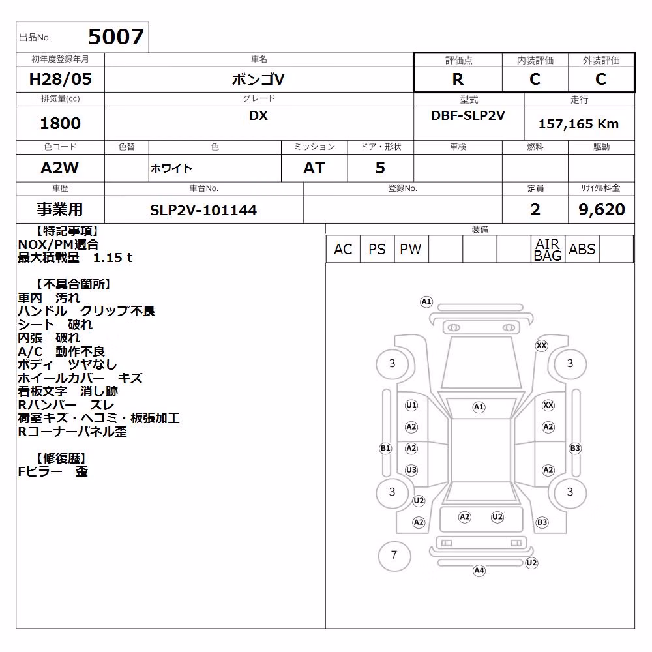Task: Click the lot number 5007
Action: click(x=116, y=37)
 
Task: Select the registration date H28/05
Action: click(x=60, y=79)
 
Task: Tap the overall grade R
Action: click(x=458, y=79)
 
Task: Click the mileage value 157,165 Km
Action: click(x=578, y=124)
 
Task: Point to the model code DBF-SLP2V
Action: click(x=468, y=115)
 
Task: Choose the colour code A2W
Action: click(x=60, y=168)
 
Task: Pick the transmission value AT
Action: click(x=314, y=168)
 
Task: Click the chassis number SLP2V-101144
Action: click(x=203, y=211)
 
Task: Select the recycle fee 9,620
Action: click(x=602, y=210)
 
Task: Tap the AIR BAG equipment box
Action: click(x=548, y=249)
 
